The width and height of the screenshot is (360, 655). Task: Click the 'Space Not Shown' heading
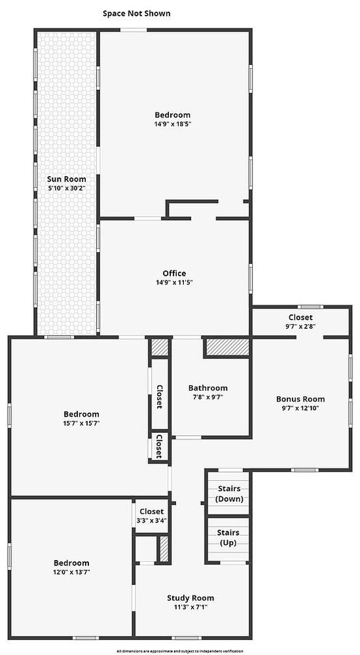[x=137, y=13]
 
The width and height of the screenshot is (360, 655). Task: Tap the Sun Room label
[x=67, y=179]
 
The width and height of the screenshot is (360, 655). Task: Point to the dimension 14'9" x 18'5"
[x=173, y=124]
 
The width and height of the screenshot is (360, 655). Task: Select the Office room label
[x=174, y=274]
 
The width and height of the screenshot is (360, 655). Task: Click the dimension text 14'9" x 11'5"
[x=174, y=282]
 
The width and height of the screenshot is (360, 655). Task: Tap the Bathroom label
[x=207, y=388]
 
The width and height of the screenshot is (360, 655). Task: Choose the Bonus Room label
[x=300, y=399]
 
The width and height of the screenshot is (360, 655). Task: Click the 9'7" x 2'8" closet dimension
[x=300, y=326]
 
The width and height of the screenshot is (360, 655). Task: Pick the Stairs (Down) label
[x=229, y=493]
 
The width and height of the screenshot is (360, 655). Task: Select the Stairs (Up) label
[x=228, y=538]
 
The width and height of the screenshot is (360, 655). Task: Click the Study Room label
[x=190, y=598]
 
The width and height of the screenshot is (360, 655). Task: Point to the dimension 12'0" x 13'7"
[x=71, y=572]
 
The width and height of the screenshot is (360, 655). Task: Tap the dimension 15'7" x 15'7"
[x=81, y=423]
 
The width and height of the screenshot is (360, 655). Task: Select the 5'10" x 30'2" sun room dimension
[x=67, y=188]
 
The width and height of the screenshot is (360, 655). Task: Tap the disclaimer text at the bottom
[x=179, y=651]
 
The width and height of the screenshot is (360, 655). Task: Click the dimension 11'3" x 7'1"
[x=190, y=607]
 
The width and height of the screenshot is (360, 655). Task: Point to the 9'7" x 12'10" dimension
[x=300, y=407]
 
